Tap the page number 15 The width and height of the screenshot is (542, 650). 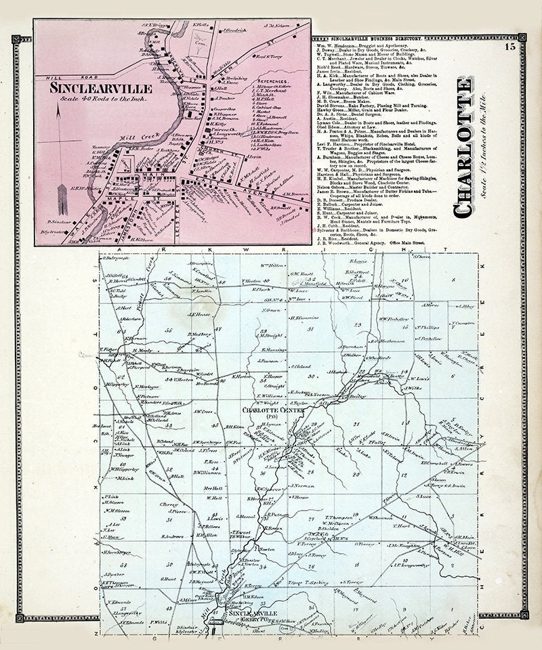coord(509,47)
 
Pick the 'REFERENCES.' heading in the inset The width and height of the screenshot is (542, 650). coord(249,79)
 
